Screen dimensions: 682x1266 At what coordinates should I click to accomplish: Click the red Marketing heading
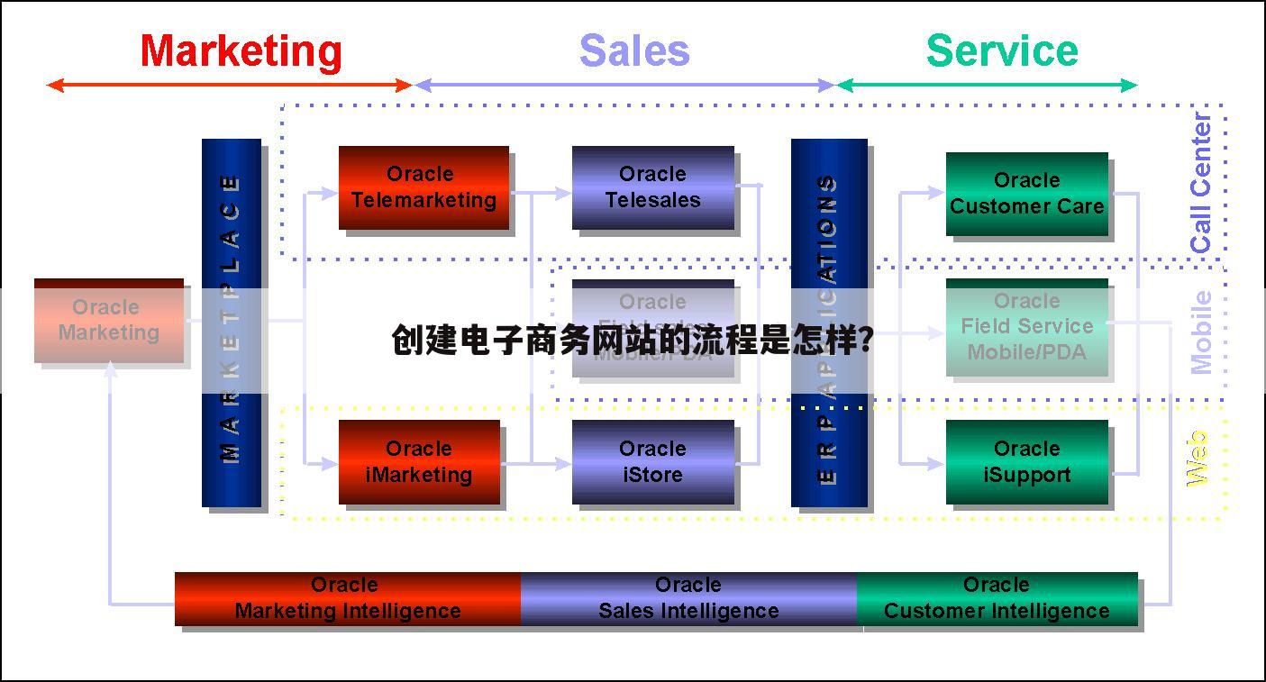coord(241,51)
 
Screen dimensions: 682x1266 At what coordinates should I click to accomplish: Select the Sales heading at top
coord(634,51)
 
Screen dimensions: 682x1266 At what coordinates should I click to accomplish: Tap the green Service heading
coord(1002,51)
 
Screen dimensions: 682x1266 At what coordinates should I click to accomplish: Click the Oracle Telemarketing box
coord(424,187)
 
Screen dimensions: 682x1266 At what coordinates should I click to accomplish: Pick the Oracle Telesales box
coord(652,187)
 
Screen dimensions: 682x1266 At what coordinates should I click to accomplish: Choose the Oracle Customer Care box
coord(1026,194)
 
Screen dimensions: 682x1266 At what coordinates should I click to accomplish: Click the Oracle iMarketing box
coord(419,462)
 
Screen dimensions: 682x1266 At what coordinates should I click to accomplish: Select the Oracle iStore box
coord(652,462)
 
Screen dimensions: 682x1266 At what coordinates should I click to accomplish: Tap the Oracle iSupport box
coord(1026,462)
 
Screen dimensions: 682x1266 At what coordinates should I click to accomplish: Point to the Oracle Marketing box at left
coord(108,321)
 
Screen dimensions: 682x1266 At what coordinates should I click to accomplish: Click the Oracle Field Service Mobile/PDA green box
coord(1026,327)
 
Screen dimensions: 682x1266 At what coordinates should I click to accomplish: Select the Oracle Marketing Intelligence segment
coord(348,598)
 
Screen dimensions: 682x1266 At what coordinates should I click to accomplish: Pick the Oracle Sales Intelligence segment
coord(688,598)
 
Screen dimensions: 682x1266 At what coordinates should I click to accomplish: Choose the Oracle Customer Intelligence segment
coord(997,598)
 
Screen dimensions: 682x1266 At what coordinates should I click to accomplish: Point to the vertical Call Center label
coord(1201,183)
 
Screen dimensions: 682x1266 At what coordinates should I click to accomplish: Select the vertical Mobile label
coord(1202,332)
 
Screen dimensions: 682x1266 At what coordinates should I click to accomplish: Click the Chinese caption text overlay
coord(632,341)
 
